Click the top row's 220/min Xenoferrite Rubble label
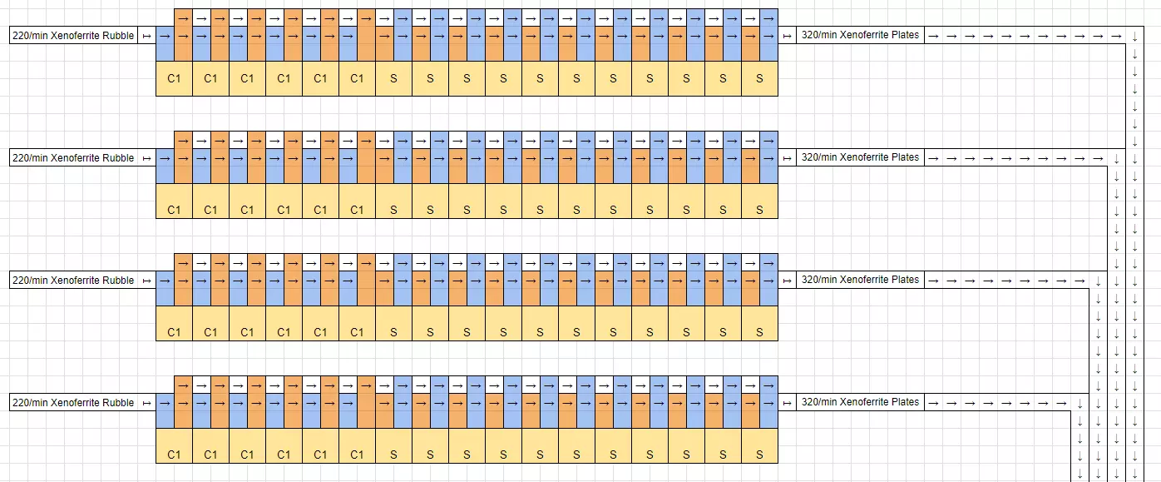coord(73,36)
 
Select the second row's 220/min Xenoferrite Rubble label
coord(73,158)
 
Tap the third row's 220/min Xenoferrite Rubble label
coord(73,281)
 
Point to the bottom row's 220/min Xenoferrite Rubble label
coord(73,403)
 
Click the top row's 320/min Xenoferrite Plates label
coord(860,36)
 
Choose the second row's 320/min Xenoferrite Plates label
coord(860,157)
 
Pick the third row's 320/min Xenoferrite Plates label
coord(860,281)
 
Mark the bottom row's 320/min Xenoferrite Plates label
coord(860,402)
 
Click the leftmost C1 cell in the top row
coord(174,79)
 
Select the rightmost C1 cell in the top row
coord(357,79)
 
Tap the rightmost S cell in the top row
coord(759,79)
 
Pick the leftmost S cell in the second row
coord(393,210)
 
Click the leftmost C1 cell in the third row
coord(174,332)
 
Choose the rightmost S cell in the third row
coord(759,332)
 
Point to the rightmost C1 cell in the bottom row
coord(357,455)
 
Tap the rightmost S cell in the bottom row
coord(759,455)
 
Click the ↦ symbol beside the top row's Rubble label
coord(147,36)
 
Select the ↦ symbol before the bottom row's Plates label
coord(787,403)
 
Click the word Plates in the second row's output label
coord(905,157)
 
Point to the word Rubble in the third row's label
coord(117,281)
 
